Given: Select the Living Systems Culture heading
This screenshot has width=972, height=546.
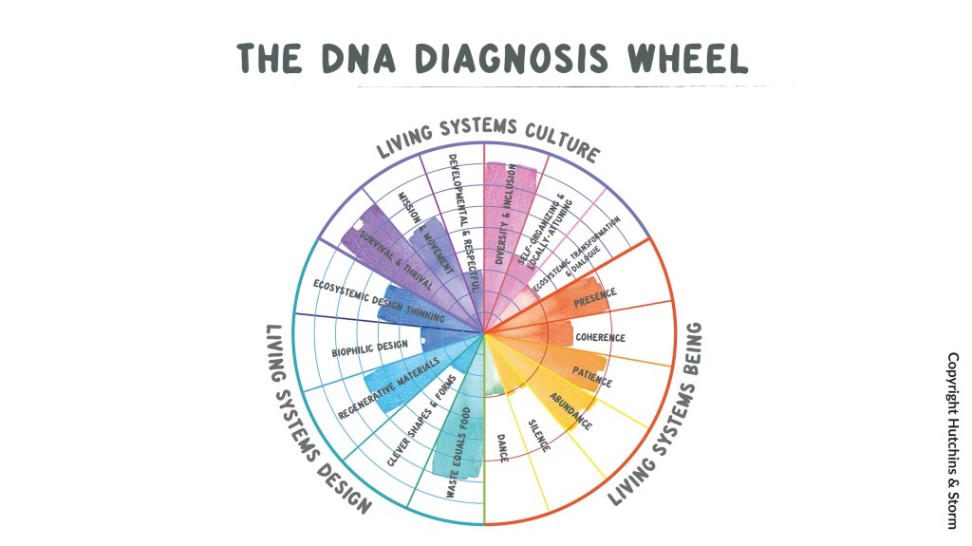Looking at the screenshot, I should (x=488, y=139).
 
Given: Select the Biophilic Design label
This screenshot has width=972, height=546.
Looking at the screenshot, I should (x=370, y=348).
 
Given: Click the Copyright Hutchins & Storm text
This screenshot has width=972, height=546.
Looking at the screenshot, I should (x=952, y=440).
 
